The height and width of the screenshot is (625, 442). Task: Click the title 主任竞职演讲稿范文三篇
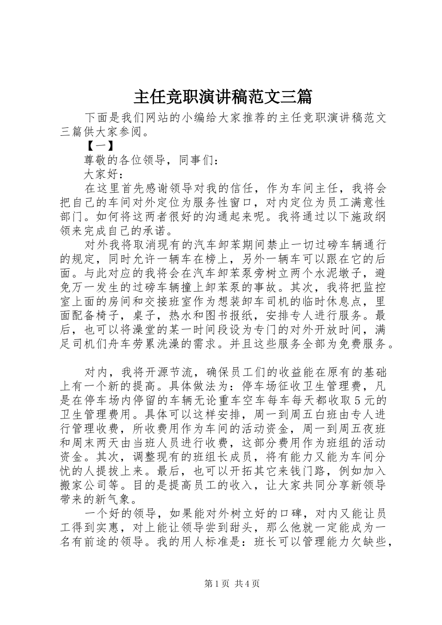coord(222,97)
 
